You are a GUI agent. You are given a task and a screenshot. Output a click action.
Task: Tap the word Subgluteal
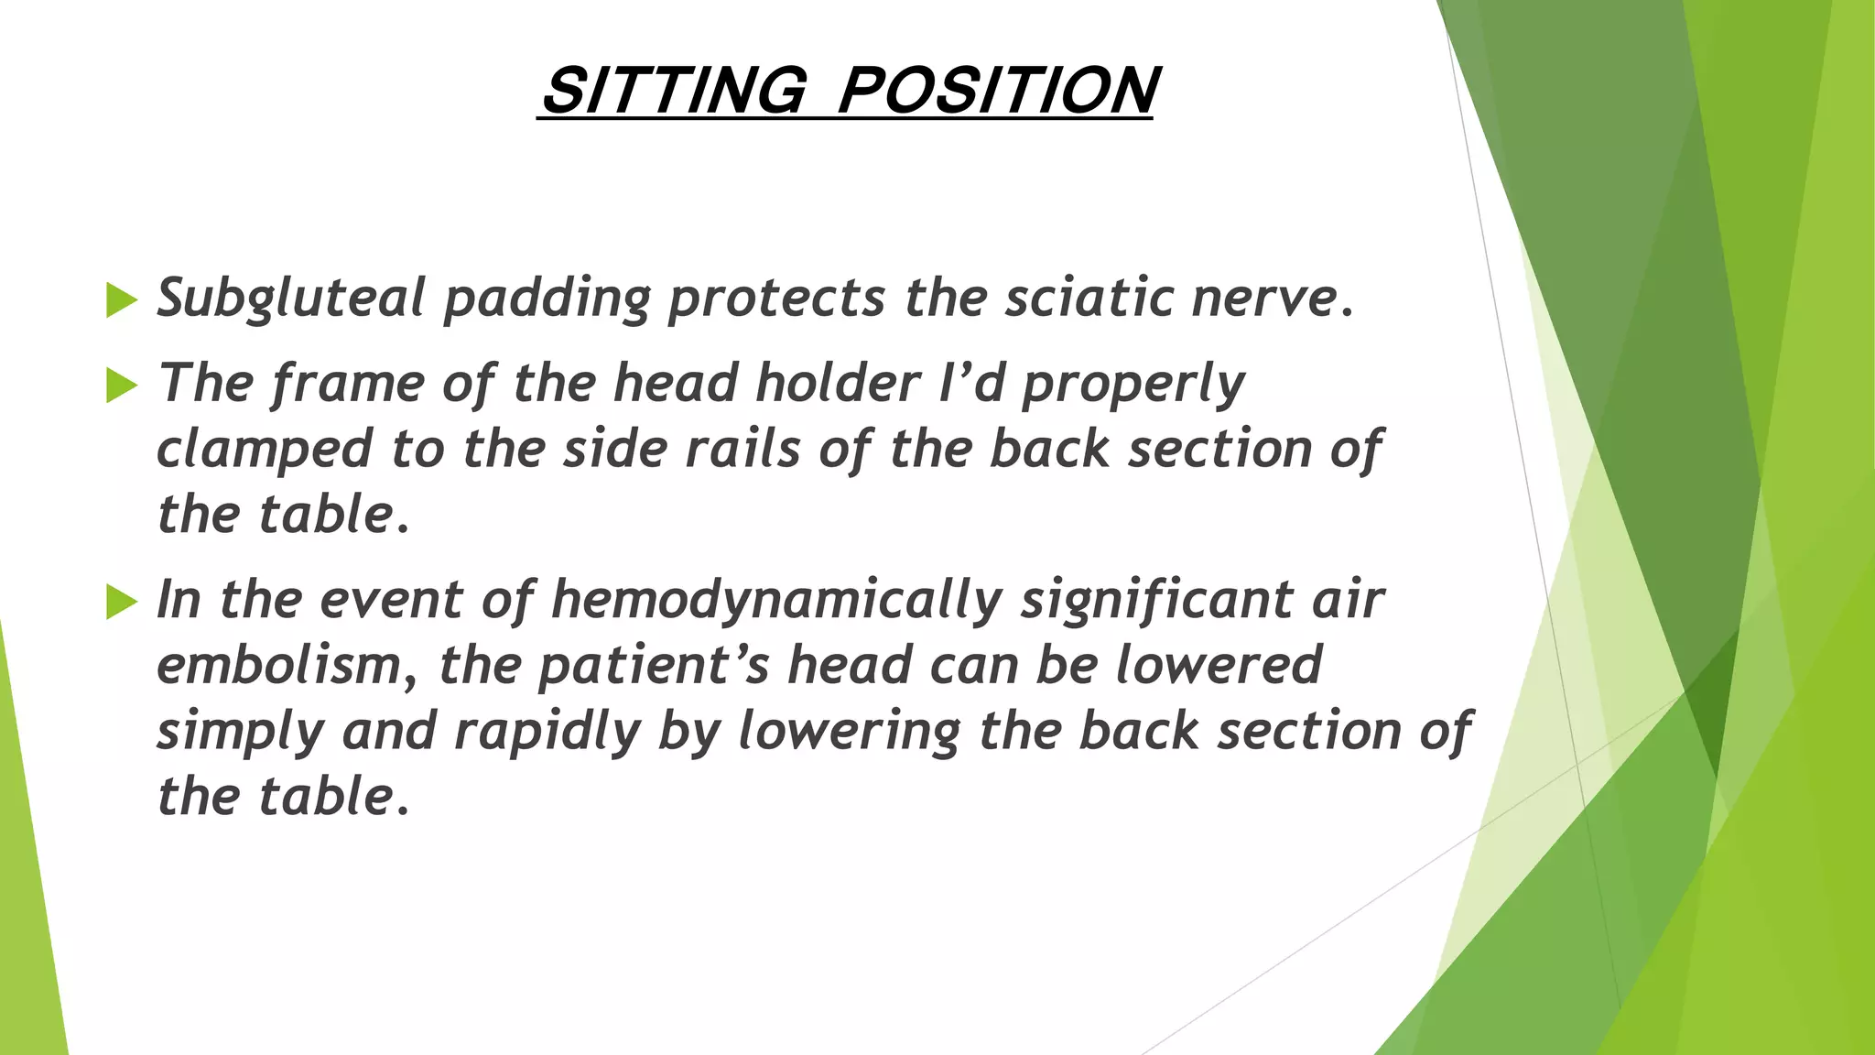click(290, 299)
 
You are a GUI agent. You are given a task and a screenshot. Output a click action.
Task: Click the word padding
click(547, 299)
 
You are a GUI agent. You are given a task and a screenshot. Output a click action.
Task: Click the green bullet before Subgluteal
click(121, 299)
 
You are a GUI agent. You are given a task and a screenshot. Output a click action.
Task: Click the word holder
click(838, 383)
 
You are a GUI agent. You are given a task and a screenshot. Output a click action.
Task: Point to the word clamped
click(265, 449)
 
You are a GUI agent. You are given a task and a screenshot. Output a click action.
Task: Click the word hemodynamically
click(777, 601)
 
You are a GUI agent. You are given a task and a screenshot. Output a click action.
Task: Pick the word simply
click(240, 732)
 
